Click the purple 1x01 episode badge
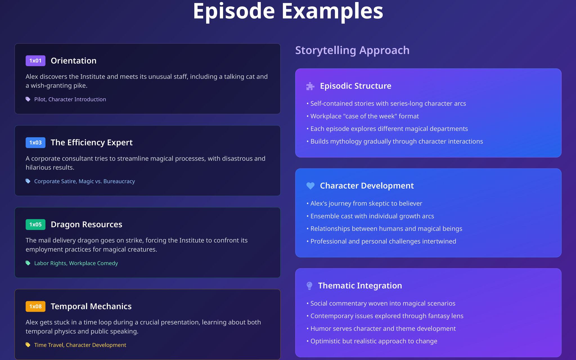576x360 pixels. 35,61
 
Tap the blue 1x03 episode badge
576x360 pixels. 35,143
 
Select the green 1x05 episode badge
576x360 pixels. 35,224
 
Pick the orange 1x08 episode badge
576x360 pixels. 35,306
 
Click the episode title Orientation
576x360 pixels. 73,61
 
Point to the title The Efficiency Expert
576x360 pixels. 91,143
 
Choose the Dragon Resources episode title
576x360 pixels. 86,224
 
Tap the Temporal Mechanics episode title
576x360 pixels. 91,306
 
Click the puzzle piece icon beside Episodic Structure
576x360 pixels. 310,86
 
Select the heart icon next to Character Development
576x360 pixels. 310,186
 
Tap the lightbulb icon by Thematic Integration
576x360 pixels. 309,286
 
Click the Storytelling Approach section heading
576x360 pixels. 352,50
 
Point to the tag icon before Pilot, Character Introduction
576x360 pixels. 28,99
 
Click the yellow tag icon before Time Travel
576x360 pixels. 28,345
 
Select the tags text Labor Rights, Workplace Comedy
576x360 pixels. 76,263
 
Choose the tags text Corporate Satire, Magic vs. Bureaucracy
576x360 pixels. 84,181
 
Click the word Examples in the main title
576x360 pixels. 332,11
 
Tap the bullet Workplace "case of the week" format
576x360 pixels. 364,116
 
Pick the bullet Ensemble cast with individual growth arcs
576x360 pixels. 372,216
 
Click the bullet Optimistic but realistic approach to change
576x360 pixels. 373,341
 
